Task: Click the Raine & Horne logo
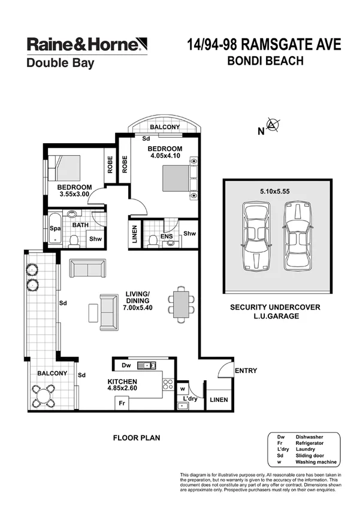(86, 44)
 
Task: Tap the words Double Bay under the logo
(60, 62)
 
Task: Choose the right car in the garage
(298, 235)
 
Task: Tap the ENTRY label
(246, 371)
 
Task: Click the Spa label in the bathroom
(55, 228)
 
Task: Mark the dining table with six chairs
(180, 304)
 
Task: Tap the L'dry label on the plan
(190, 398)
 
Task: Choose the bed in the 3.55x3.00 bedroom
(64, 168)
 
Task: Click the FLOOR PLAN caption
(137, 438)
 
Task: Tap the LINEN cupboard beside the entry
(217, 399)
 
